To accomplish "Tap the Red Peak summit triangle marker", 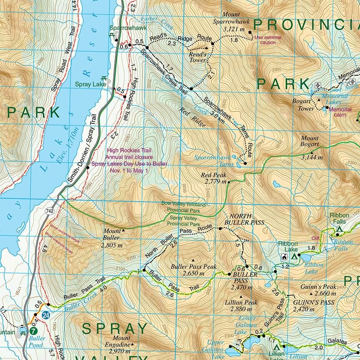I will click(229, 182).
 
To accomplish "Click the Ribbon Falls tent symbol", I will click(340, 229).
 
